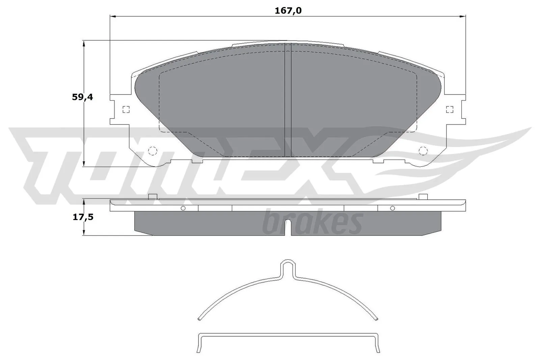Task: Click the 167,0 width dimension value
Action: coord(288,10)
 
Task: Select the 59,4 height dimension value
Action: coord(82,98)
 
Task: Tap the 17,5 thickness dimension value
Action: coord(83,217)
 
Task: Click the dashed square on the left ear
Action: coord(126,109)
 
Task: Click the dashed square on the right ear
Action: coord(449,109)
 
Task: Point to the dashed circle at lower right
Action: coord(423,151)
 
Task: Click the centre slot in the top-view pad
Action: coord(288,101)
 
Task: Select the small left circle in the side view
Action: coord(183,208)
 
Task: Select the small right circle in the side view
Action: coord(392,208)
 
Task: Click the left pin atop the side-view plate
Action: coord(153,197)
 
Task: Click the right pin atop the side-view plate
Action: coord(423,197)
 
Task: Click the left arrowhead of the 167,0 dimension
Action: coord(113,16)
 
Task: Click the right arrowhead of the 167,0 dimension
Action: coord(463,16)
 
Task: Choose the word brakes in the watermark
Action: coord(312,223)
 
